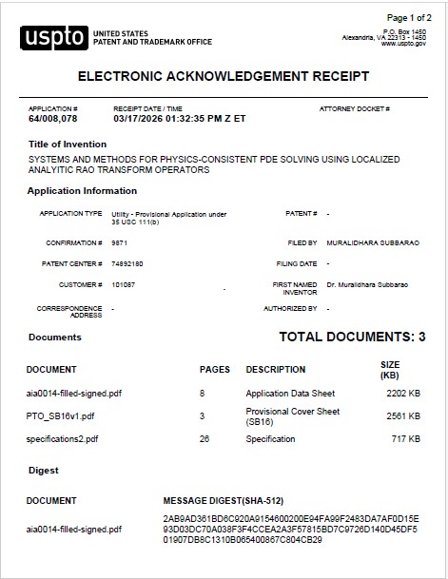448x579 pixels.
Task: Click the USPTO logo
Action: pyautogui.click(x=54, y=37)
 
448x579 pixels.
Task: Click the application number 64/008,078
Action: pyautogui.click(x=53, y=119)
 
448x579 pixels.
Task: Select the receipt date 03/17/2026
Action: pyautogui.click(x=139, y=119)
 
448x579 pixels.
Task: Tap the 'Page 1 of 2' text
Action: pyautogui.click(x=409, y=18)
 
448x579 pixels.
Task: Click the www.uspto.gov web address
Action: pyautogui.click(x=405, y=44)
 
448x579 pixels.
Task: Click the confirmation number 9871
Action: pyautogui.click(x=119, y=242)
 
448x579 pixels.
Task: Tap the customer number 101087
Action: pyautogui.click(x=123, y=284)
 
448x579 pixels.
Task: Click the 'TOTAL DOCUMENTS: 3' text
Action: pyautogui.click(x=352, y=338)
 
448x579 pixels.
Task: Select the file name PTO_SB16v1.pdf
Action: pyautogui.click(x=61, y=415)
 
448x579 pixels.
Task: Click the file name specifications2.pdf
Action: pyautogui.click(x=63, y=439)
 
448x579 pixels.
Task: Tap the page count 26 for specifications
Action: pyautogui.click(x=204, y=439)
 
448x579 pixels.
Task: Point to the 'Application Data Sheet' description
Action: pyautogui.click(x=290, y=393)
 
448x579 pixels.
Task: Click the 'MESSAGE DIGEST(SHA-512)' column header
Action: pyautogui.click(x=224, y=500)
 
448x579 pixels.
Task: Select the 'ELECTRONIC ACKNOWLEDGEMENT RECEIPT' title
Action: pyautogui.click(x=223, y=76)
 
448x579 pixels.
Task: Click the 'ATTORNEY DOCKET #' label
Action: pyautogui.click(x=354, y=109)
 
